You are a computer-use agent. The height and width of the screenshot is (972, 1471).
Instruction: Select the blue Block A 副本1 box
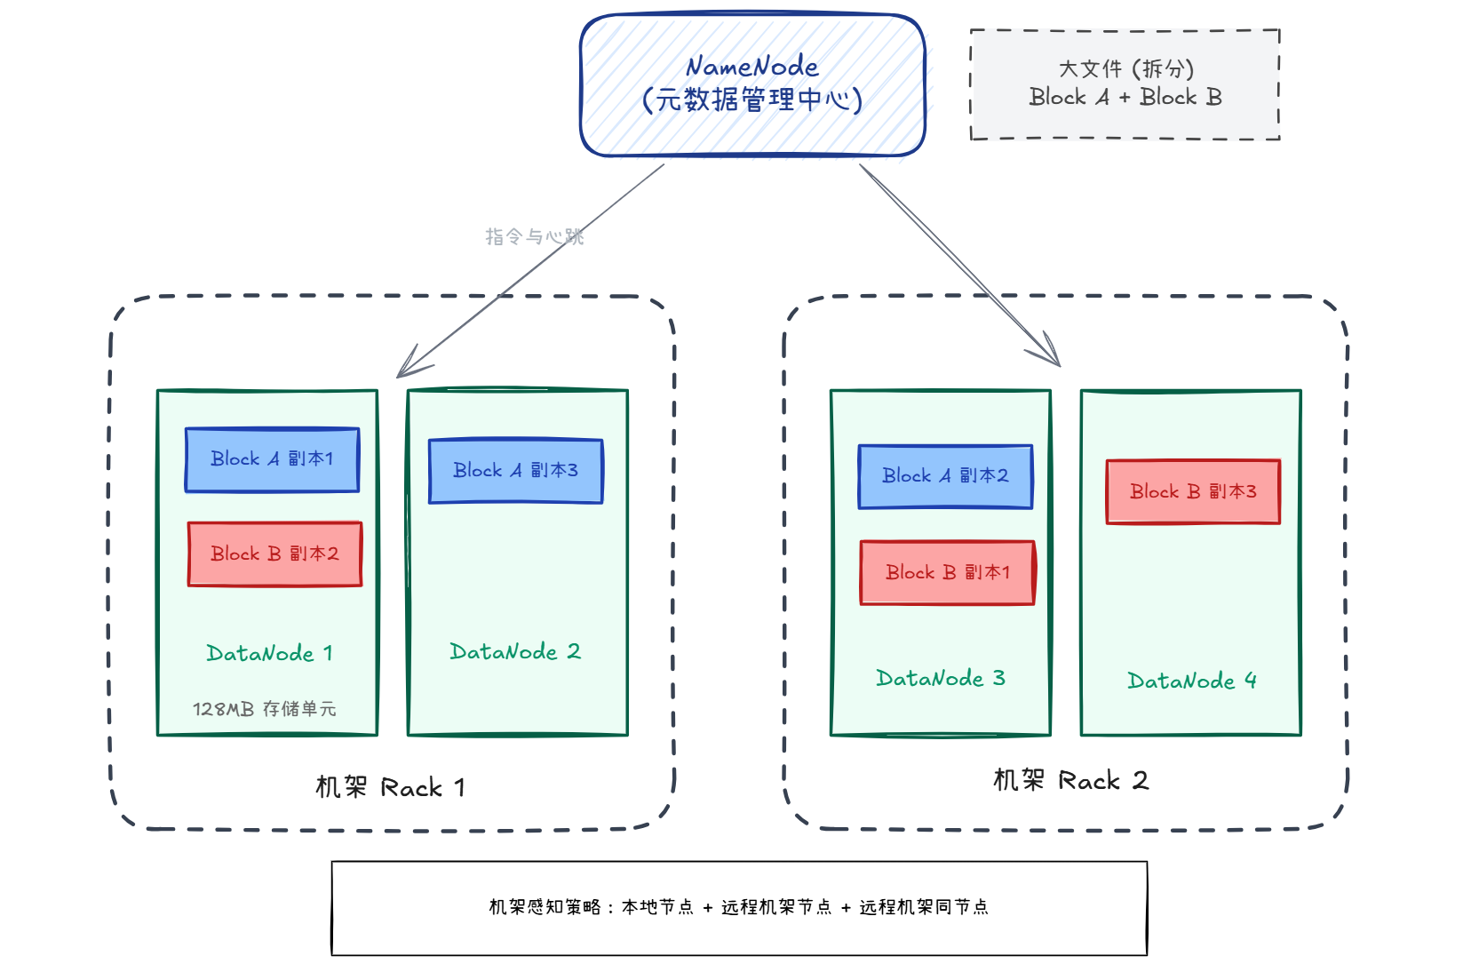click(272, 459)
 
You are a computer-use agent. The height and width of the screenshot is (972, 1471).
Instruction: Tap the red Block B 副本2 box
click(274, 554)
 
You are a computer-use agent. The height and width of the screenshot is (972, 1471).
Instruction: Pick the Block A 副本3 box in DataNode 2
click(515, 471)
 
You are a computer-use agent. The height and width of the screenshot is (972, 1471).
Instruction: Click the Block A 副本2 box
click(945, 476)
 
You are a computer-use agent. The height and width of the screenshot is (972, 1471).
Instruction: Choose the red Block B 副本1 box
click(947, 573)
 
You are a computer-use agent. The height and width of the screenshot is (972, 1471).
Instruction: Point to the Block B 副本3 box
click(1193, 492)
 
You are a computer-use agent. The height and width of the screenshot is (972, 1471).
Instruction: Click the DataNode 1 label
click(269, 654)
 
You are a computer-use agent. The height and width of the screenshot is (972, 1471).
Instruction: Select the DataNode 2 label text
click(515, 652)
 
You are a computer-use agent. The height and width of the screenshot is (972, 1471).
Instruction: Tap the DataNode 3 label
click(941, 679)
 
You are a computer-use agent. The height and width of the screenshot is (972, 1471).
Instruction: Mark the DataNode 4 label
click(1191, 681)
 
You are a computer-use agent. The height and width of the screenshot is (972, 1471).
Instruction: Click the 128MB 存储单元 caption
click(265, 709)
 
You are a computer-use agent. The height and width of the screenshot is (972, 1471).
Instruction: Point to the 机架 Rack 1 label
click(391, 788)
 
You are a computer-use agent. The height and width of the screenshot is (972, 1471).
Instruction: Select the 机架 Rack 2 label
click(1070, 781)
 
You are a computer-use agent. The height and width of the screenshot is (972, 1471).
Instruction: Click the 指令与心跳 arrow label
click(534, 237)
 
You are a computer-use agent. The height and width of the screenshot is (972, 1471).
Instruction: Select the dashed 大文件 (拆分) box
click(1125, 84)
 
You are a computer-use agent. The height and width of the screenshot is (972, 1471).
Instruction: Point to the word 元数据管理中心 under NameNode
click(752, 100)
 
